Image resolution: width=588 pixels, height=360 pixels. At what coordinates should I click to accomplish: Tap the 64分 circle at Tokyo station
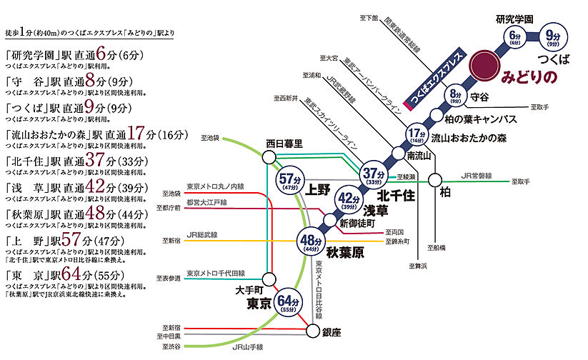(286, 303)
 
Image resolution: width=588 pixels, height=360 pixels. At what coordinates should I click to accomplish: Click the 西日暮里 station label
(284, 144)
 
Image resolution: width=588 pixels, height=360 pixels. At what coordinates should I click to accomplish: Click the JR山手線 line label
(247, 348)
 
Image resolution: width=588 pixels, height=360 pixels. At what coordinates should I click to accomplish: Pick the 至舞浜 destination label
(418, 266)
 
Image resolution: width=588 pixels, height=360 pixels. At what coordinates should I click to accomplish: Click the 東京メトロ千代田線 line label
(215, 273)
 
